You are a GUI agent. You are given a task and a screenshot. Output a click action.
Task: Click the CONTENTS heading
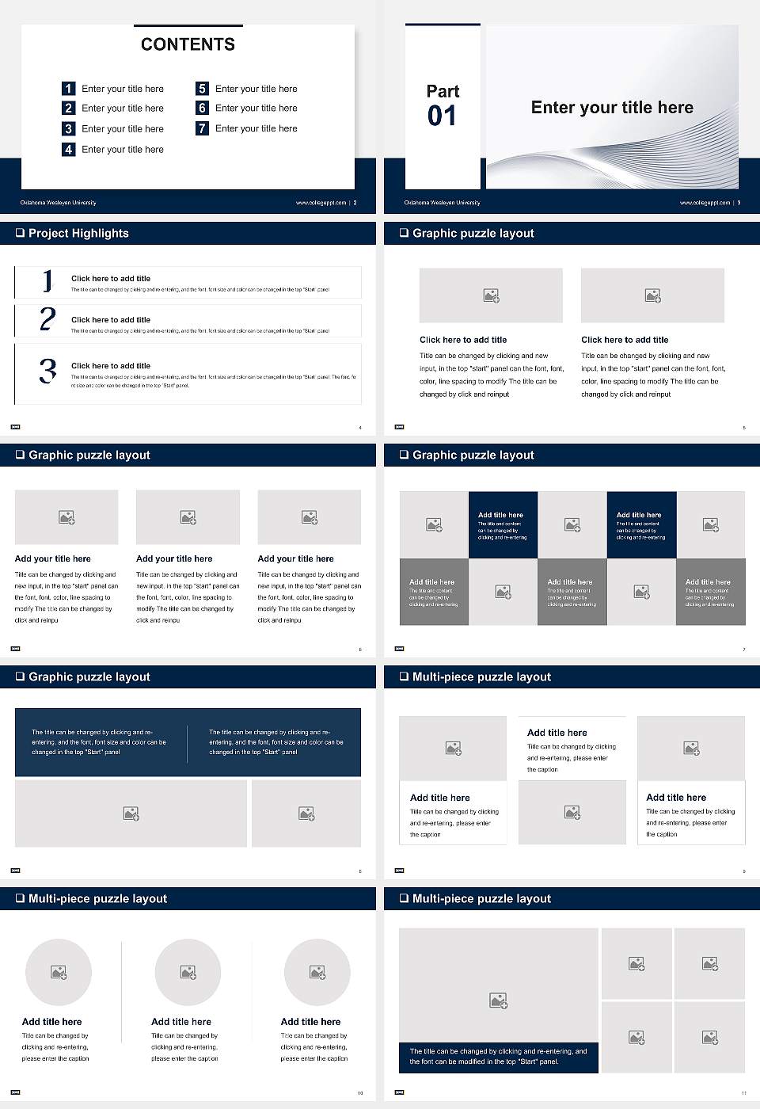188,44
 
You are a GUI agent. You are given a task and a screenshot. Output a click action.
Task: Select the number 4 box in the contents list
68,149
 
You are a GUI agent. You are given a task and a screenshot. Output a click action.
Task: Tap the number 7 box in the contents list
202,128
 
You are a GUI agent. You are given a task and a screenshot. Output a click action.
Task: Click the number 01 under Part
442,116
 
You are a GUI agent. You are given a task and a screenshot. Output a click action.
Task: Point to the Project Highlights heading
78,233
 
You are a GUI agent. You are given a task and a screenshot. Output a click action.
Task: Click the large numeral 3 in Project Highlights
47,371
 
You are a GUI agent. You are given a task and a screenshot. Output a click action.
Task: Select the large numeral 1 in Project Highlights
47,280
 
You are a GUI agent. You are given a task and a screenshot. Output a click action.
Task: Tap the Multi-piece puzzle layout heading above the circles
97,898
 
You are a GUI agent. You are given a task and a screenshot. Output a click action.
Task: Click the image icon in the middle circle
188,972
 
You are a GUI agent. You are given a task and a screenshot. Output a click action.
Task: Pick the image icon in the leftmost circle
59,972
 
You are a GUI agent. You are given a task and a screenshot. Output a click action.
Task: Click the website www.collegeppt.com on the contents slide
321,203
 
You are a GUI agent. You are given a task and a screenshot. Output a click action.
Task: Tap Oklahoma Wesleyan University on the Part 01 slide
442,203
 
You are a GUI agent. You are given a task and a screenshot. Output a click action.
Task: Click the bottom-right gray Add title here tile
710,592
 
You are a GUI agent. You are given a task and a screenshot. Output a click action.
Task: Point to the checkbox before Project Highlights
20,233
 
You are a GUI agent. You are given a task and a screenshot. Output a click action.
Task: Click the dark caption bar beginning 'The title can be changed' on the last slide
498,1057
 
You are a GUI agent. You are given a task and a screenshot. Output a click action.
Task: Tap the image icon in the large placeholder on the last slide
498,1001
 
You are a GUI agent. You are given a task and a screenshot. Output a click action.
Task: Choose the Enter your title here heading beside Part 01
612,108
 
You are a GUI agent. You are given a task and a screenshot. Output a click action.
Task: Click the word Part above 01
443,91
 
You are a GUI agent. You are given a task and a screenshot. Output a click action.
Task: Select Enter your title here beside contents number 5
256,89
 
